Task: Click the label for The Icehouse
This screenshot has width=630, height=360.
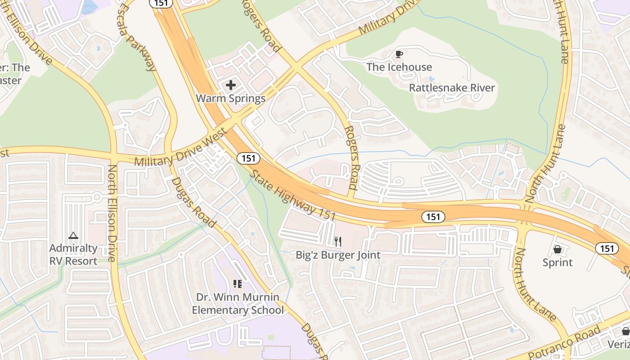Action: point(399,67)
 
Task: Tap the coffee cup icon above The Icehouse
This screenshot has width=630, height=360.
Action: point(399,54)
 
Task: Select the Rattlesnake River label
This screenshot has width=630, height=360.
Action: point(451,87)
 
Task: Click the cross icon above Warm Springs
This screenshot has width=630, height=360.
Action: point(231,85)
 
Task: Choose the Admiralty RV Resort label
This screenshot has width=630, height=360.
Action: point(73,254)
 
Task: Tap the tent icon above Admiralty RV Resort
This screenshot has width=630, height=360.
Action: point(73,235)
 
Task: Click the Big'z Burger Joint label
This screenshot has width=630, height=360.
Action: point(338,255)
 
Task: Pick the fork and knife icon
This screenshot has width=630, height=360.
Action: point(338,242)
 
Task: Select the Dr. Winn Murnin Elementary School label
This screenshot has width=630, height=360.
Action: point(238,304)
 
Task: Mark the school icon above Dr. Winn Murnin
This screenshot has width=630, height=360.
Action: point(238,283)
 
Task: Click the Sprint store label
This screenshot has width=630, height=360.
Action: point(558,262)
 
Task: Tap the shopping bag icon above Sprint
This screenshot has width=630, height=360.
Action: point(558,249)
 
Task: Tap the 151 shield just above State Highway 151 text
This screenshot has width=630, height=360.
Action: point(248,158)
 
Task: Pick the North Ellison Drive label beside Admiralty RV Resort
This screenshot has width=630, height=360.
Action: point(112,213)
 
